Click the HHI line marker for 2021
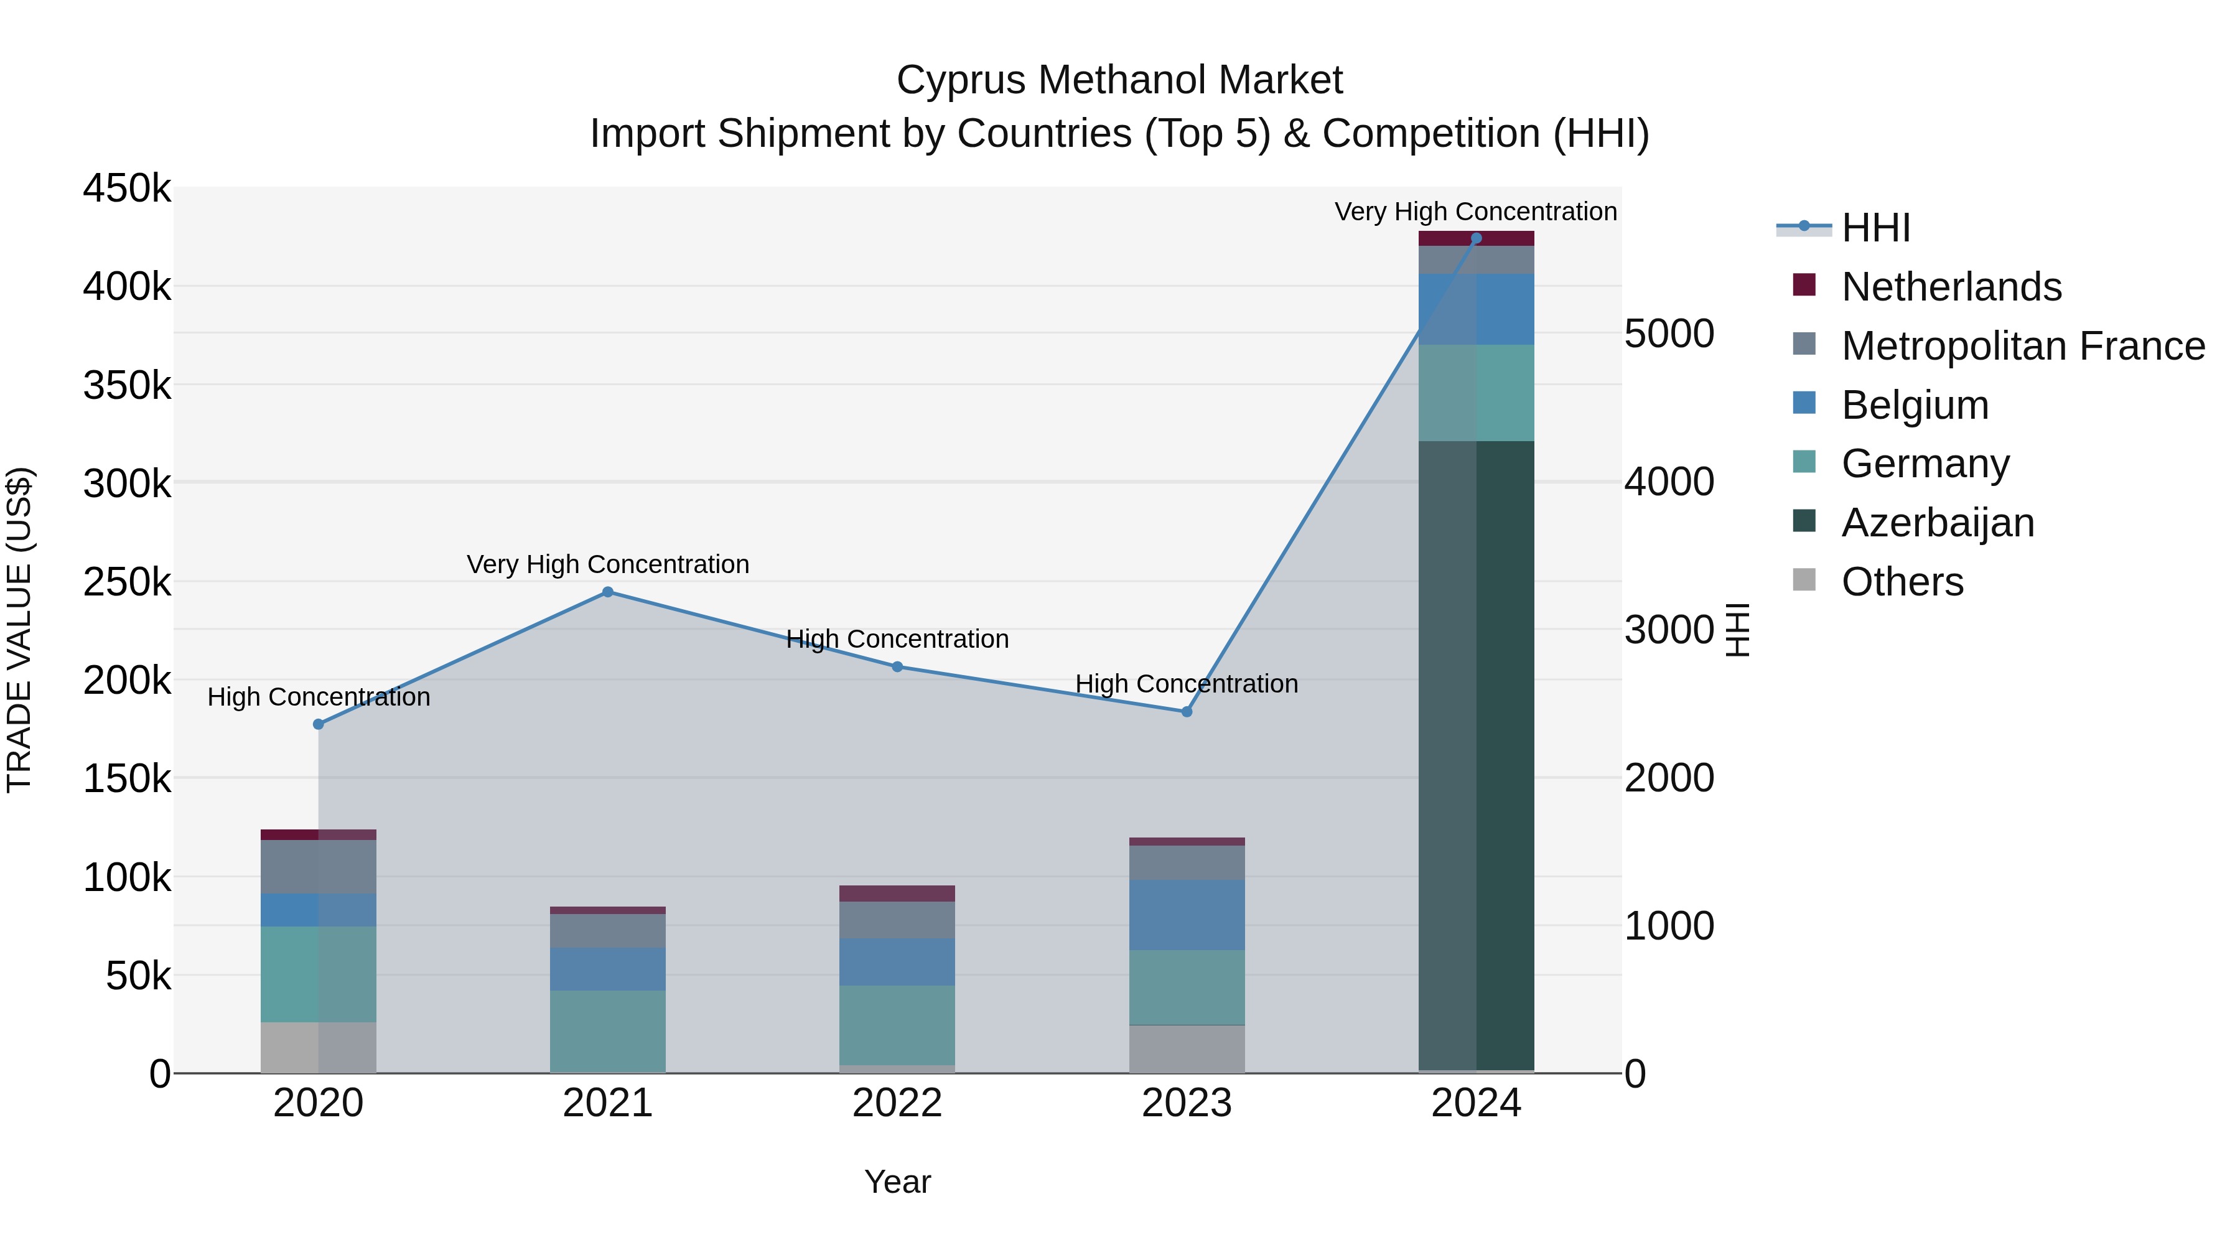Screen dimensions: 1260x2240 coord(608,592)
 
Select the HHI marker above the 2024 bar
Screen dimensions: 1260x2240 coord(1476,238)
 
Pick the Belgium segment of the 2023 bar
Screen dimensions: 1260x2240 coord(1187,914)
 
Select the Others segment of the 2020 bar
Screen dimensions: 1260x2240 coord(318,1047)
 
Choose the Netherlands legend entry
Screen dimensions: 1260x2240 coord(1951,287)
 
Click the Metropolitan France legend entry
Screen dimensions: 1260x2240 coord(2023,346)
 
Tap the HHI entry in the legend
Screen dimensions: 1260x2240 coord(1875,228)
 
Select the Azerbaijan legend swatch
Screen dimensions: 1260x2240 coord(1804,522)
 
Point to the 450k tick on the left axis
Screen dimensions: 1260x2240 coord(127,189)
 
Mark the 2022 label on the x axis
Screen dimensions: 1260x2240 coord(897,1103)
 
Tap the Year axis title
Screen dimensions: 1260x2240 coord(897,1182)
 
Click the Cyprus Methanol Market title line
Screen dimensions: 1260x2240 coord(1119,80)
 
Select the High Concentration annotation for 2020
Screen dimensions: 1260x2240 coord(318,696)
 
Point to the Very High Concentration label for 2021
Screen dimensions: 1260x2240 coord(608,564)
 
